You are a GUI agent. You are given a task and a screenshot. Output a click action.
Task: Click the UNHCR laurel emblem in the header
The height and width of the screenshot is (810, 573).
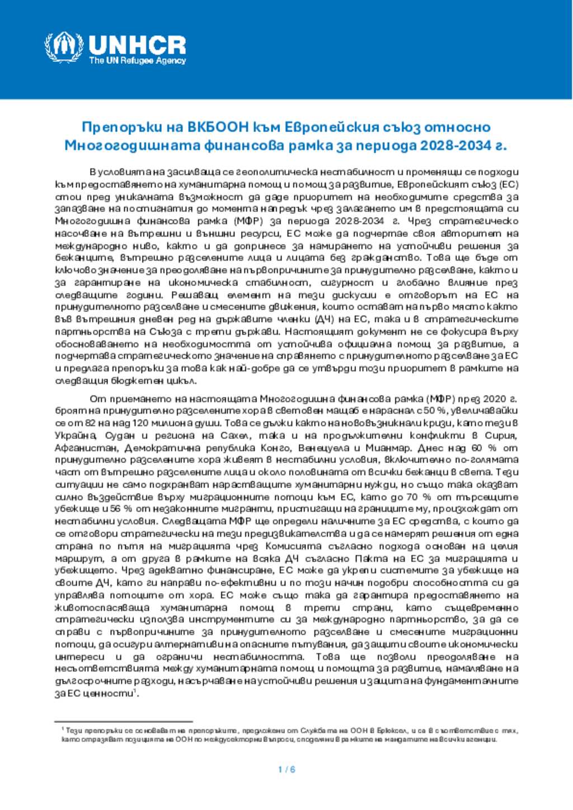pyautogui.click(x=63, y=47)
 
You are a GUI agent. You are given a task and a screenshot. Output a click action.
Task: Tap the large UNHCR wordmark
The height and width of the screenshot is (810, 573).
pyautogui.click(x=137, y=44)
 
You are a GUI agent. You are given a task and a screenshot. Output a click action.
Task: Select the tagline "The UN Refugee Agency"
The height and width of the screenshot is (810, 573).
pyautogui.click(x=137, y=60)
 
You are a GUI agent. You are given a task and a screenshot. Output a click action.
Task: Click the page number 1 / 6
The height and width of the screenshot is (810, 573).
pyautogui.click(x=286, y=769)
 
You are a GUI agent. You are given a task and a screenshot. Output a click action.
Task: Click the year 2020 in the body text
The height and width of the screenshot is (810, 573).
pyautogui.click(x=494, y=399)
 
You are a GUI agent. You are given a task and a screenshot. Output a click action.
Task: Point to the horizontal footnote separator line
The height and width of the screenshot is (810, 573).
pyautogui.click(x=124, y=722)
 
